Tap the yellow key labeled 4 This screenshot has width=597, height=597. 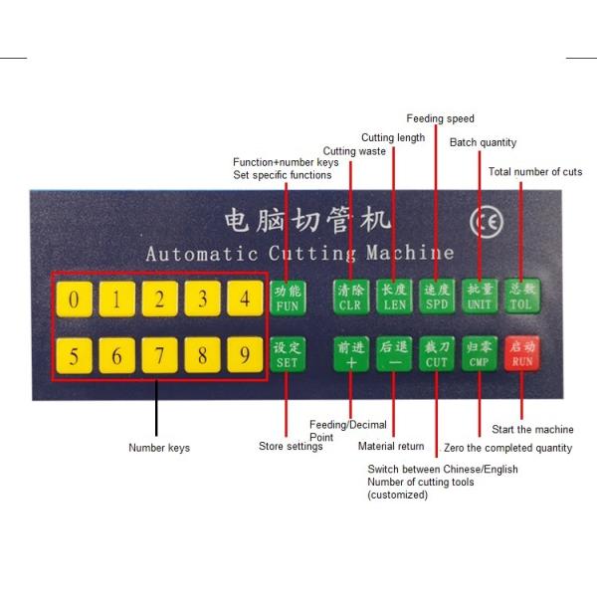245,298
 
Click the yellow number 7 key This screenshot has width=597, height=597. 159,355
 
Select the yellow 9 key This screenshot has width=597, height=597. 245,355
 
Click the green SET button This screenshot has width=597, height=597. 288,354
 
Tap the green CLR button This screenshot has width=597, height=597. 351,297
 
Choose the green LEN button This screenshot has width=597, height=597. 394,297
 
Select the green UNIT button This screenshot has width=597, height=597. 480,297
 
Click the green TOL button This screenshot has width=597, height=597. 522,296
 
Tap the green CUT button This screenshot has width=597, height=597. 437,353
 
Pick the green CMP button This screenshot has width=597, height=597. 480,353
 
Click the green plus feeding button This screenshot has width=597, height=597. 351,354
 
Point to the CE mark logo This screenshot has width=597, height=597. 487,222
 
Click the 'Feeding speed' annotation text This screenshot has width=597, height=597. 440,118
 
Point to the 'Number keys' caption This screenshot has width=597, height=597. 159,448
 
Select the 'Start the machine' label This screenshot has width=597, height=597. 532,429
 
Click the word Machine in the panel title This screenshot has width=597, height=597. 410,253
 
